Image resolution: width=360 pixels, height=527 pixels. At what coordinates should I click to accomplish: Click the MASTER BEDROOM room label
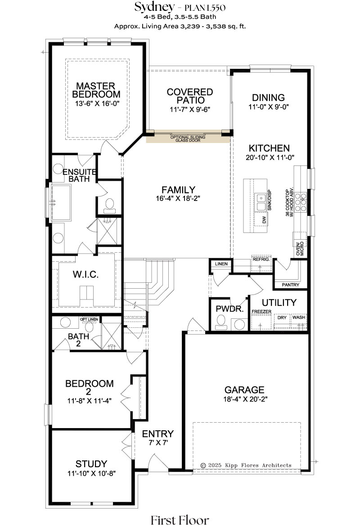[x=96, y=90]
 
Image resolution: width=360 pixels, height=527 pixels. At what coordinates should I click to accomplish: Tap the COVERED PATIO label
[x=190, y=96]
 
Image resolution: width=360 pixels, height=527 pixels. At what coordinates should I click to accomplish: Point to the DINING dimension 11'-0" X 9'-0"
[x=269, y=107]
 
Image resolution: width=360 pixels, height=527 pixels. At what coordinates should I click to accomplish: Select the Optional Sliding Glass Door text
[x=188, y=138]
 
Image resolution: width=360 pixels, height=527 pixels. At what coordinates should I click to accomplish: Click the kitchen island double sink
[x=261, y=201]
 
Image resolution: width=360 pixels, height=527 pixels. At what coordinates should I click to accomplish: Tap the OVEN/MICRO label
[x=300, y=249]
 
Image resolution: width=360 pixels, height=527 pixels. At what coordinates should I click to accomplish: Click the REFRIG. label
[x=261, y=259]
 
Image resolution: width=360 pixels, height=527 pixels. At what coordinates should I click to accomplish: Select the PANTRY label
[x=290, y=285]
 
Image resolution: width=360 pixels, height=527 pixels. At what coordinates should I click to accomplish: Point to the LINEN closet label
[x=221, y=264]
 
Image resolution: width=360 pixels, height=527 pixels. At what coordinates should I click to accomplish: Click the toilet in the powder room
[x=221, y=322]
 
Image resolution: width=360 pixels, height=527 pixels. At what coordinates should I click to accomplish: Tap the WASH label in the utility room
[x=299, y=317]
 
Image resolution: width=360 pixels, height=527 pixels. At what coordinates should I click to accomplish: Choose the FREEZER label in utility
[x=261, y=312]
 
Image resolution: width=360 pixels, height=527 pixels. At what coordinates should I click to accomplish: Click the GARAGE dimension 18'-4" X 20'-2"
[x=245, y=399]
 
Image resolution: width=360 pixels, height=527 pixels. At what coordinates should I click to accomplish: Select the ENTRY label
[x=158, y=434]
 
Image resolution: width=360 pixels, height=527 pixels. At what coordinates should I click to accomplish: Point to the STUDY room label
[x=91, y=464]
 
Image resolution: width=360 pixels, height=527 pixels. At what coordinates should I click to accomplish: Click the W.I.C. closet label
[x=86, y=275]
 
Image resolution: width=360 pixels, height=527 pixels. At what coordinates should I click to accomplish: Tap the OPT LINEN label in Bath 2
[x=89, y=319]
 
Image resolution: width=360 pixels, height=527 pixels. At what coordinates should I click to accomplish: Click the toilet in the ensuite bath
[x=109, y=205]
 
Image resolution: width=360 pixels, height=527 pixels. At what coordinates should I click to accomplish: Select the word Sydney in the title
[x=155, y=7]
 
